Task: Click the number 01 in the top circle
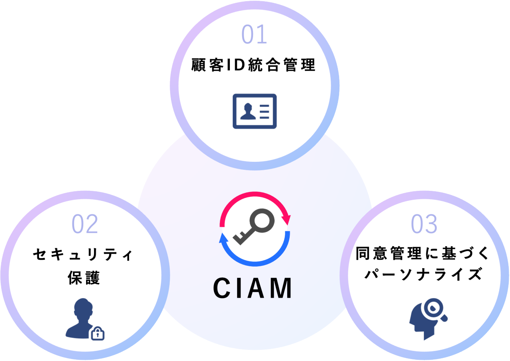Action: click(254, 35)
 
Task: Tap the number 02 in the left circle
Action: click(85, 224)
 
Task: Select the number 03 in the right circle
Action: click(424, 224)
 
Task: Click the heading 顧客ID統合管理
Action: click(254, 65)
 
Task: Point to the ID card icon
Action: click(255, 111)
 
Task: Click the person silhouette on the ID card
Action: click(248, 112)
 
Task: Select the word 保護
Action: click(83, 278)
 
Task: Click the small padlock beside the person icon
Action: click(98, 333)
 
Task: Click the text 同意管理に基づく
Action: click(424, 253)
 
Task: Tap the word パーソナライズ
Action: click(424, 275)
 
